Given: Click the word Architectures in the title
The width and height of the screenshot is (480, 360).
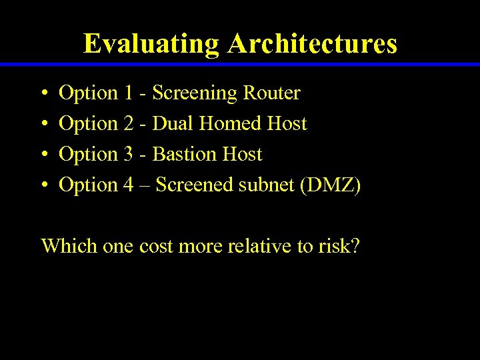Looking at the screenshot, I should tap(312, 44).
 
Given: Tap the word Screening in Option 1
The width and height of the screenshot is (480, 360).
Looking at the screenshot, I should tap(195, 93).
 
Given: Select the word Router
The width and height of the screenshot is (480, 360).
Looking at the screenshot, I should tap(271, 93).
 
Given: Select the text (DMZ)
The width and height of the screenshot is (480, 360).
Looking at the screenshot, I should tap(331, 185).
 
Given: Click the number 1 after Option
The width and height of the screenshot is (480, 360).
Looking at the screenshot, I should tap(129, 93).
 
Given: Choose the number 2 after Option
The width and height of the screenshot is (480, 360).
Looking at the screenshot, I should tap(129, 124).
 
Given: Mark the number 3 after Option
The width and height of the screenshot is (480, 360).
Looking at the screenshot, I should tap(129, 155).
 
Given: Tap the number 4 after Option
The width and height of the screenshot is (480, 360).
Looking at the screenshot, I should tap(129, 185).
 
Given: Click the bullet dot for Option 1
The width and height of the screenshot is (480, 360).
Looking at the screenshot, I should tap(43, 93).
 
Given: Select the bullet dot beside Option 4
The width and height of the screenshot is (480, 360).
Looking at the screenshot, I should tap(43, 185).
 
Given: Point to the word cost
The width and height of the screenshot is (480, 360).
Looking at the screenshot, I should tap(155, 247).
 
